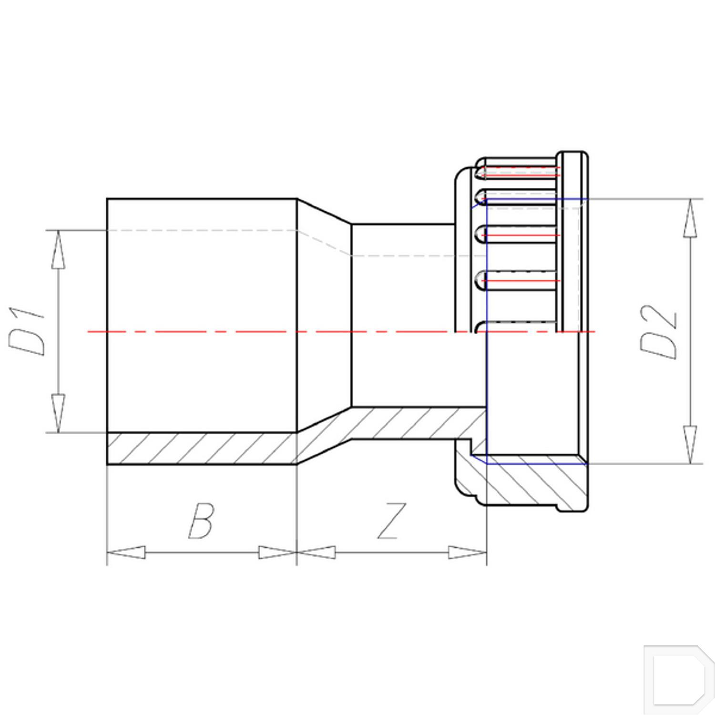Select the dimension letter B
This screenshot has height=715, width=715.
coord(201,521)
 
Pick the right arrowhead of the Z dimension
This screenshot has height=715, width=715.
coord(467,552)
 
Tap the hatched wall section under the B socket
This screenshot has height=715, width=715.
coord(200,448)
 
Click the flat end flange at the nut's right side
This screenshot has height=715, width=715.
coord(572,238)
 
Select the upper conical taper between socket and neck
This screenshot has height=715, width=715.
coord(324,211)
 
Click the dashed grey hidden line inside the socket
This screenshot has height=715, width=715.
coord(200,230)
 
